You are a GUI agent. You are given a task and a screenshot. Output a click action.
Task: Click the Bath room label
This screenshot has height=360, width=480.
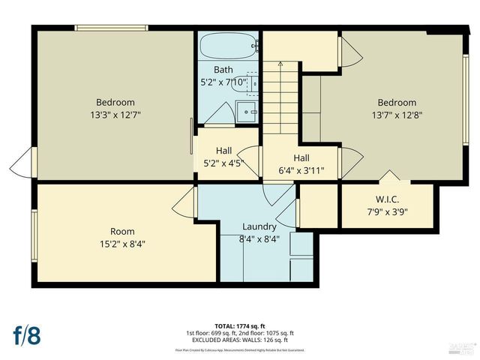[223, 69]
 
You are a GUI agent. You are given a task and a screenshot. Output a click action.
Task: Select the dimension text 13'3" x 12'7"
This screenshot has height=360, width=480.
[115, 115]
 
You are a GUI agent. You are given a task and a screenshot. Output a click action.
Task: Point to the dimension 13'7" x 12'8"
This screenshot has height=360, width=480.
[396, 115]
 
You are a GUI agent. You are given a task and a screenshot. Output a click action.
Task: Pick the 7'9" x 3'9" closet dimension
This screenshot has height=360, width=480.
[388, 212]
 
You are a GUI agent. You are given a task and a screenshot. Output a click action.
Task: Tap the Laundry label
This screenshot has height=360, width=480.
[259, 226]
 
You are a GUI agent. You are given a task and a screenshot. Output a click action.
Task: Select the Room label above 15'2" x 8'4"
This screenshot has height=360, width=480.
[122, 231]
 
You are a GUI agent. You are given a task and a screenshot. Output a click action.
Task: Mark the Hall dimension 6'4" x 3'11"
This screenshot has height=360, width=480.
[301, 169]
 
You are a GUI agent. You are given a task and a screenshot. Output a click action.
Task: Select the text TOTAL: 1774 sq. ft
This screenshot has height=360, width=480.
[240, 326]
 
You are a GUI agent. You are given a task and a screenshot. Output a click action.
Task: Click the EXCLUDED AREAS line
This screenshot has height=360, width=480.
[240, 340]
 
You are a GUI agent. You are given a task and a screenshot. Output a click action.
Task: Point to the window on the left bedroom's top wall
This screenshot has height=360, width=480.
[111, 29]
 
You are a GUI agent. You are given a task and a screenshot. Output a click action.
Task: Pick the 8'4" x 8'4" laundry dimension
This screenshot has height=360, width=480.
[259, 239]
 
